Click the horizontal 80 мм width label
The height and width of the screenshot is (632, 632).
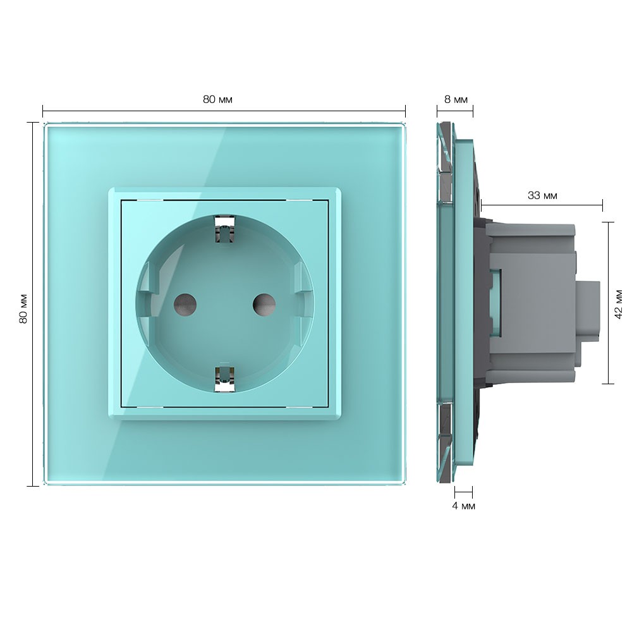(217, 99)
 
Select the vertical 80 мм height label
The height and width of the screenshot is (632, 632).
(23, 308)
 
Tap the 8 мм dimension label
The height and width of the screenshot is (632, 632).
(456, 99)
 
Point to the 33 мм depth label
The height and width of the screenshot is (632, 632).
(542, 195)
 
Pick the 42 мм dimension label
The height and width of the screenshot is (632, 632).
(618, 304)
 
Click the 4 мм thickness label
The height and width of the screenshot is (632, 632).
(463, 506)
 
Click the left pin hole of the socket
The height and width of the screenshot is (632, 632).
(185, 305)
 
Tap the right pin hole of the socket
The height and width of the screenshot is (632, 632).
(264, 305)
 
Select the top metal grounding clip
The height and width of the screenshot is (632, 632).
(225, 230)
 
